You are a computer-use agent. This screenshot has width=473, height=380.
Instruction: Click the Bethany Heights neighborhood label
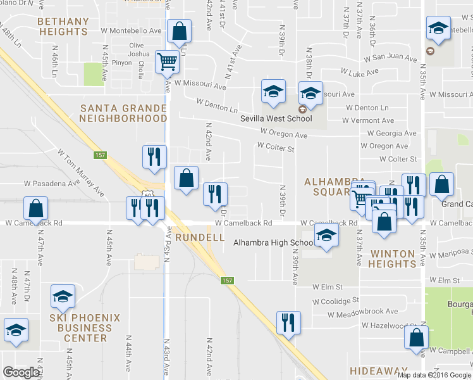[x=63, y=26]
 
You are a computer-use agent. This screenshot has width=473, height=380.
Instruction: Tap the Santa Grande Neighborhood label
[x=123, y=113]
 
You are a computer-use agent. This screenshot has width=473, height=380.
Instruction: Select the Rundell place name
[x=200, y=237]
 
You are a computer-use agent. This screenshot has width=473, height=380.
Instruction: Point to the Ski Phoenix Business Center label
[x=83, y=328]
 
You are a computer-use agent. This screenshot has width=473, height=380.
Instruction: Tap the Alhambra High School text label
[x=274, y=243]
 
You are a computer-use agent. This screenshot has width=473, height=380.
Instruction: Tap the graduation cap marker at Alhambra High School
[x=326, y=236]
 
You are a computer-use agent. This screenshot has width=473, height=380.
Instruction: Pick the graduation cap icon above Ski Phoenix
[x=63, y=296]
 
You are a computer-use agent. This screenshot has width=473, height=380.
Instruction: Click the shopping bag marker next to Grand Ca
[x=441, y=184]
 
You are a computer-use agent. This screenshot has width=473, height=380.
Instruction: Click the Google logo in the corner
[x=21, y=372]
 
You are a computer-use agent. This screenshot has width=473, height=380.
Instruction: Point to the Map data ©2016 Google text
[x=433, y=375]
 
